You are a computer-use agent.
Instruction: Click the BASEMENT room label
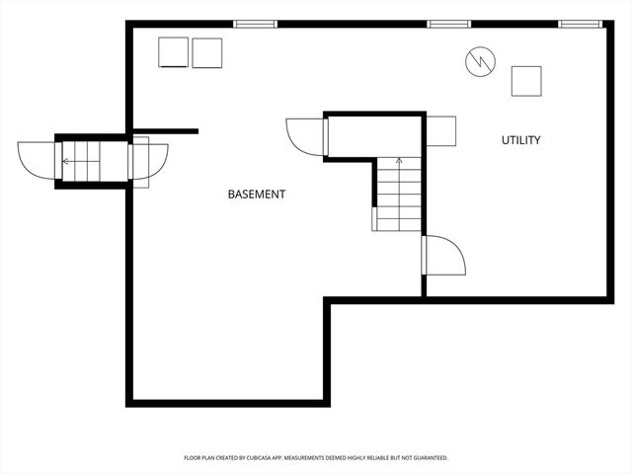coord(257,195)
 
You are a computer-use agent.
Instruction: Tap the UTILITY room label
coord(520,140)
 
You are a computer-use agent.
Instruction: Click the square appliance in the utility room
coord(526,81)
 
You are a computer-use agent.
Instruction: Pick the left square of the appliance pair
coord(174,52)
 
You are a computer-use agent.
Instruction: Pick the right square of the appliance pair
coord(207,52)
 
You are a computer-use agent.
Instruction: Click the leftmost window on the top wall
coord(255,24)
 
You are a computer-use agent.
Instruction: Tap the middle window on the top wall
coord(447,24)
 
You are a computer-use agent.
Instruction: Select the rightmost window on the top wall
coord(581,24)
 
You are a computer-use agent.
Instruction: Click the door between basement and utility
coord(444,256)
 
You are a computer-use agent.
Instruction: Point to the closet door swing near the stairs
coord(304,136)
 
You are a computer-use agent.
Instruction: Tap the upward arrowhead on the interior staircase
coord(399,159)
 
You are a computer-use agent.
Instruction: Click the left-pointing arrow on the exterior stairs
coord(66,161)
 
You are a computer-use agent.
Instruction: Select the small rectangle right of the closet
coord(441,130)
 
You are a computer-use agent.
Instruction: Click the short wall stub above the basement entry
coord(165,130)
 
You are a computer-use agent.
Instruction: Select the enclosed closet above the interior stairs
coord(374,136)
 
